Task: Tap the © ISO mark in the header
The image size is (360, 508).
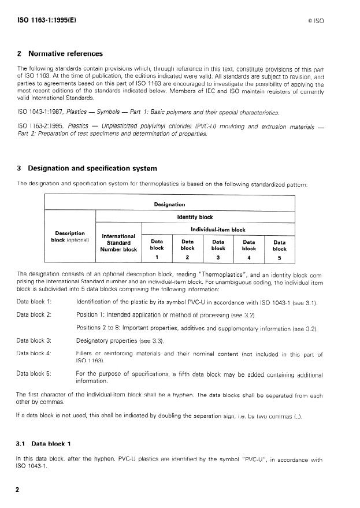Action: [316, 20]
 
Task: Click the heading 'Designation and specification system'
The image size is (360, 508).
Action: [90, 169]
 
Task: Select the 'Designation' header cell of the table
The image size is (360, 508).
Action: [169, 204]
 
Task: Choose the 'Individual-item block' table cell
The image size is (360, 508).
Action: [214, 229]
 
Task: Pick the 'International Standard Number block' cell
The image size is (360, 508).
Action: [118, 243]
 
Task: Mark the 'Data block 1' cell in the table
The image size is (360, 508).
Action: [157, 249]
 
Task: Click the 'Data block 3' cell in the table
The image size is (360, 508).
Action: [218, 249]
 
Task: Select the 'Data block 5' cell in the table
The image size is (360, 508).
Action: [279, 249]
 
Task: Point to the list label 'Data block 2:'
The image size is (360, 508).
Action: [35, 314]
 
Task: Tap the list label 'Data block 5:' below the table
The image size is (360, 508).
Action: [35, 373]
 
